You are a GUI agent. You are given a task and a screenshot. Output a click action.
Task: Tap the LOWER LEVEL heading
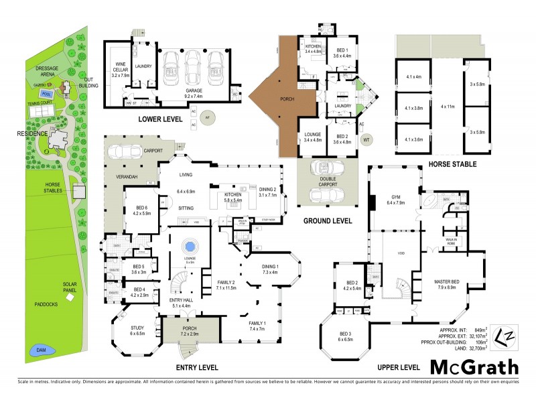pos(162,119)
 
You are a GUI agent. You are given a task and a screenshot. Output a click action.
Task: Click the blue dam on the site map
pos(33,350)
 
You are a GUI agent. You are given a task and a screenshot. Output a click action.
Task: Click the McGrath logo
pos(474,366)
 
